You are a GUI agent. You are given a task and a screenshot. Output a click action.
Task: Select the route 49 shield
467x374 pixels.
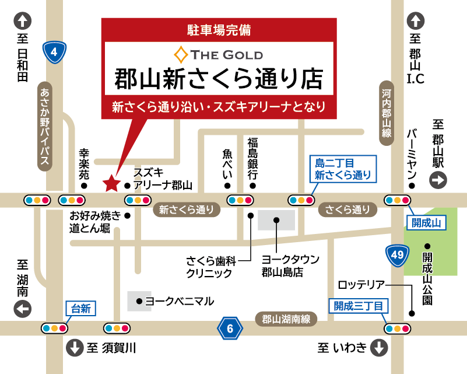(x=396, y=256)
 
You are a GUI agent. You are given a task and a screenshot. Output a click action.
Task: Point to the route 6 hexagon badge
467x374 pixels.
(x=230, y=329)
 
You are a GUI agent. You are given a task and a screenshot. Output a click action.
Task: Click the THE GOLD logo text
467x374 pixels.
(x=219, y=55)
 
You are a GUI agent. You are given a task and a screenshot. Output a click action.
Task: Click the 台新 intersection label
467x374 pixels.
(x=80, y=309)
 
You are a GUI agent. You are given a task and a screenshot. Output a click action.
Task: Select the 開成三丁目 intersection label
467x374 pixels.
(x=359, y=305)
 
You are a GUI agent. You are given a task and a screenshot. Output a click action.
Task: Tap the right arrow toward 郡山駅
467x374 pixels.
(x=438, y=180)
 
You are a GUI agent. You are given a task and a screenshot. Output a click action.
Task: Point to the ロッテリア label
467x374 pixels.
(x=361, y=285)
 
